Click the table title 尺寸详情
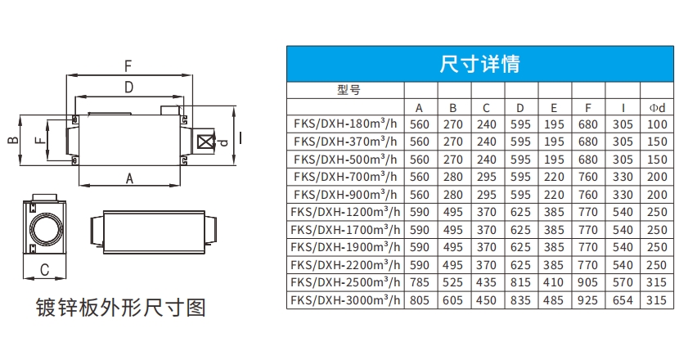[479, 64]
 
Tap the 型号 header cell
[348, 90]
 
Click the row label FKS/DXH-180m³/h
[346, 124]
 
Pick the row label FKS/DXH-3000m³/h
[346, 300]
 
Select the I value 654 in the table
[623, 300]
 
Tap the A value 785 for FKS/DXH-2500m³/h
[419, 283]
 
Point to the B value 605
[452, 300]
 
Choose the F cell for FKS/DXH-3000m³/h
[588, 300]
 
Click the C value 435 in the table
[486, 283]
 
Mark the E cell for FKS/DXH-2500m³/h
[554, 283]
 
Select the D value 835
[520, 300]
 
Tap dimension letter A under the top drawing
[129, 177]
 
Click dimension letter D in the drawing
[128, 87]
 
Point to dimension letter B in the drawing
[12, 140]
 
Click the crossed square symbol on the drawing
[205, 142]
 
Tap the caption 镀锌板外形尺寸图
[120, 308]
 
